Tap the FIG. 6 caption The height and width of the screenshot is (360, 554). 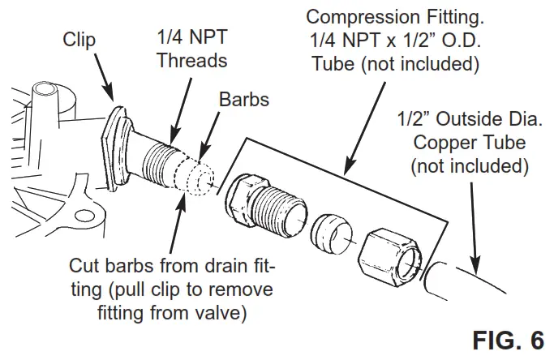click(x=509, y=340)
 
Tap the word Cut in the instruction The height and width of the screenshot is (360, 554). click(x=84, y=267)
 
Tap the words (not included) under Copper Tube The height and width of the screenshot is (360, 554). click(x=470, y=168)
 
